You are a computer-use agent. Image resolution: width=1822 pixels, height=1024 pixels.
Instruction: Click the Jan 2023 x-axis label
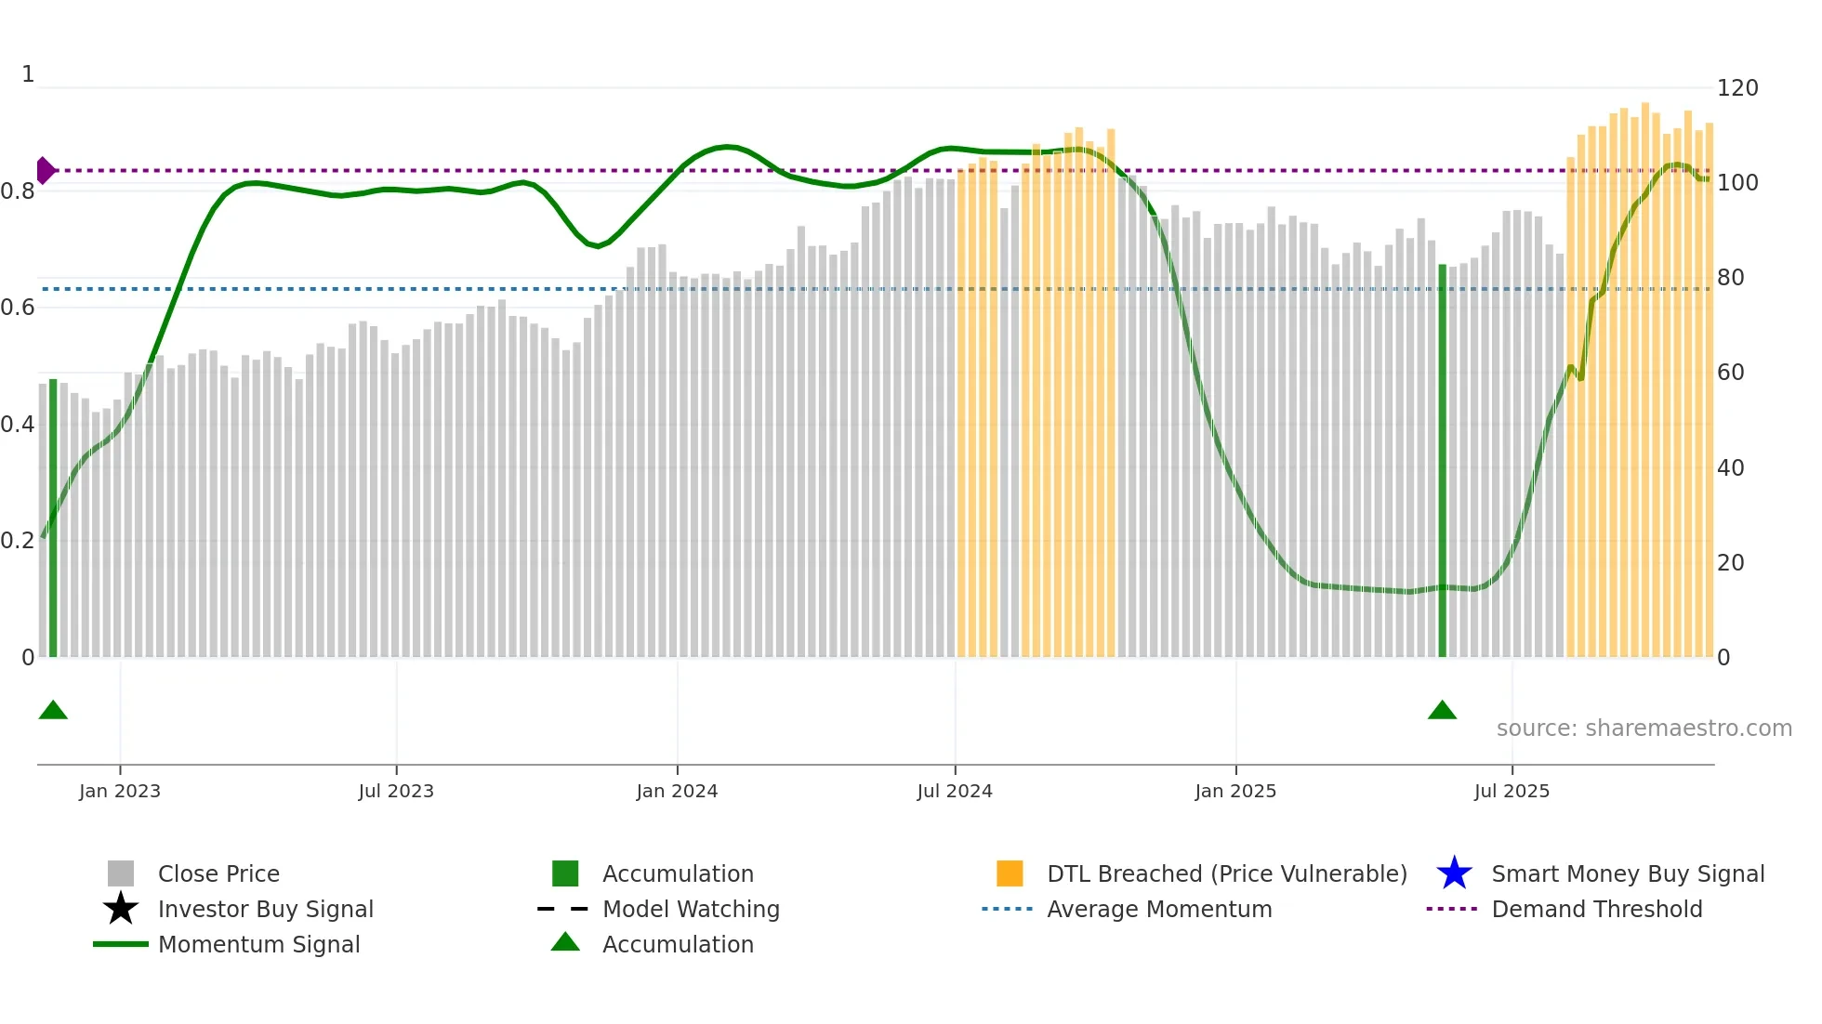119,791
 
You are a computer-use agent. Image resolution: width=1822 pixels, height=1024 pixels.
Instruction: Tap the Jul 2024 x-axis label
955,791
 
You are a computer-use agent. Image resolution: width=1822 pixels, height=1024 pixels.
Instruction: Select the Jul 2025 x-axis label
1512,791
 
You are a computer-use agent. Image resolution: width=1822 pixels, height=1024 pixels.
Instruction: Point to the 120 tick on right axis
1736,88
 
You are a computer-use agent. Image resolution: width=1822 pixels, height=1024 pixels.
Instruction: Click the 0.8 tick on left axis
18,191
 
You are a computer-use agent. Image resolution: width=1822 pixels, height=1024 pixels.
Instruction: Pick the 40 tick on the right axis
1730,467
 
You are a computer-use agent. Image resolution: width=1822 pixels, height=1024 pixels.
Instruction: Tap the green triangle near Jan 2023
53,711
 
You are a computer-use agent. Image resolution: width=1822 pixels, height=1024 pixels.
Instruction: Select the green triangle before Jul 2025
1442,711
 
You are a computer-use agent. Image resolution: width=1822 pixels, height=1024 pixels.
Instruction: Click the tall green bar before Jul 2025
1443,460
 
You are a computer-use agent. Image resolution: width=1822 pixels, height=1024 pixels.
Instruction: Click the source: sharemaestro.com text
1644,729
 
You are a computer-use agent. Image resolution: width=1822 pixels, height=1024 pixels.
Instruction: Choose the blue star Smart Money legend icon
1454,873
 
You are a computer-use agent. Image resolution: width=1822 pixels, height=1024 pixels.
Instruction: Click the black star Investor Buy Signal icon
121,909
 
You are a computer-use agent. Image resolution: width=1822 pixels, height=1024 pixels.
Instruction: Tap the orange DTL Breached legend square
1010,873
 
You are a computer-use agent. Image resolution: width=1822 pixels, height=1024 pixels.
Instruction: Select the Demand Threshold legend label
1596,909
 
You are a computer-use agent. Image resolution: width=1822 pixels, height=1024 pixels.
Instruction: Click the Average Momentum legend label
1158,909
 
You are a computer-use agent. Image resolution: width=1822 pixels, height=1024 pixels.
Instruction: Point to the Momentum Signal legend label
258,944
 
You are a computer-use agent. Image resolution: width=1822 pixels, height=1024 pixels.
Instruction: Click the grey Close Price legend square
121,873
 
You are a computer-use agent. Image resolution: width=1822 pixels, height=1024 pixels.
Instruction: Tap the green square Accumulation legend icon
565,873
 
